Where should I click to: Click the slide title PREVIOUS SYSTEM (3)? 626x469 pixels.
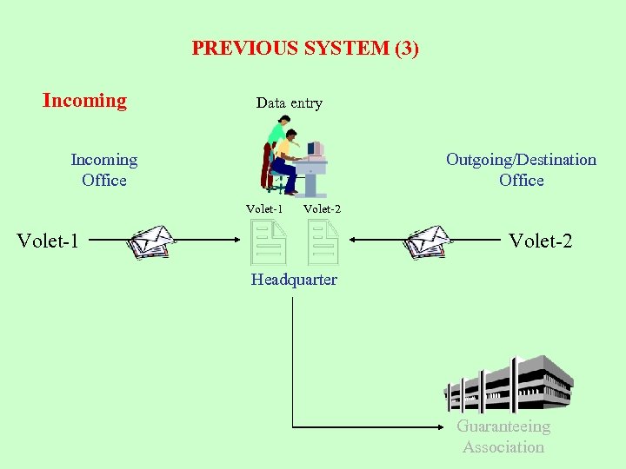pyautogui.click(x=305, y=49)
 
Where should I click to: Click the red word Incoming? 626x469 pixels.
pyautogui.click(x=84, y=101)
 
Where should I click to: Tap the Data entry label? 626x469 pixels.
pyautogui.click(x=289, y=103)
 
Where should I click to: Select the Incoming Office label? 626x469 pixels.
pyautogui.click(x=104, y=170)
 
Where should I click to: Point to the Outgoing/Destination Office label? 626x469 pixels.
pyautogui.click(x=521, y=170)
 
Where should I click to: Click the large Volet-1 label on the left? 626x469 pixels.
pyautogui.click(x=48, y=241)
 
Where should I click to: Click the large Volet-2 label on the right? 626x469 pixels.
pyautogui.click(x=540, y=241)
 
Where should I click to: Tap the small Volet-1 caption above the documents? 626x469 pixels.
pyautogui.click(x=264, y=209)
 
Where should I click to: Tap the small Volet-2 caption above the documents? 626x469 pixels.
pyautogui.click(x=322, y=209)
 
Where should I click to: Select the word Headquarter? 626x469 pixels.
pyautogui.click(x=294, y=280)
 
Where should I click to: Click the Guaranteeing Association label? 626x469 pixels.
pyautogui.click(x=503, y=437)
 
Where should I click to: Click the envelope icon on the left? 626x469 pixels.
pyautogui.click(x=151, y=241)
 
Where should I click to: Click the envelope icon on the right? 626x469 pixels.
pyautogui.click(x=429, y=241)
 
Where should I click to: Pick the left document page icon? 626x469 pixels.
pyautogui.click(x=269, y=241)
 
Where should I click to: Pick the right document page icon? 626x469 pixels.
pyautogui.click(x=324, y=241)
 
